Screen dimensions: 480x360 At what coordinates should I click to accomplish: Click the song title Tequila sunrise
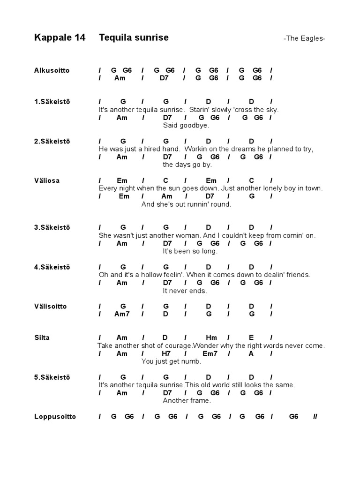point(134,37)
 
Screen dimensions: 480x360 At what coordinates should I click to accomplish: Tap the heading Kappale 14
point(60,37)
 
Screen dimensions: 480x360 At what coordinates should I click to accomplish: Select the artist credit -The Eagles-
point(304,38)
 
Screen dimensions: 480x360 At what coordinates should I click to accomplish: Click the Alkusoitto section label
point(52,70)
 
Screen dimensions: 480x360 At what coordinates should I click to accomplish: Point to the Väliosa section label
point(47,180)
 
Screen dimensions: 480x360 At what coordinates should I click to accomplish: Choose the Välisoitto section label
point(50,306)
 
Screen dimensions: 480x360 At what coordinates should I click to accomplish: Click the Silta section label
point(42,337)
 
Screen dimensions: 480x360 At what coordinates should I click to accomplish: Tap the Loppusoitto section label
point(55,416)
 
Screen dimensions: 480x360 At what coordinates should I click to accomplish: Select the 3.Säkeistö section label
point(52,227)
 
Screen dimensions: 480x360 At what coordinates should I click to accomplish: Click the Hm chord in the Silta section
point(209,337)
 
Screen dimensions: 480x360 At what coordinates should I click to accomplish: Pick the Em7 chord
point(210,353)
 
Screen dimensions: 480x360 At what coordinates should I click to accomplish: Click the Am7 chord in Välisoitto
point(122,314)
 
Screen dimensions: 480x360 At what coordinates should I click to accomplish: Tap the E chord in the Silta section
point(251,337)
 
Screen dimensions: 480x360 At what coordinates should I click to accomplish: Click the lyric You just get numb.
point(171,361)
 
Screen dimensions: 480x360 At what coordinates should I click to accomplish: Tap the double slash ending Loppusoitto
point(315,416)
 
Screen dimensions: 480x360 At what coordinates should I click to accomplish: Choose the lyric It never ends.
point(185,291)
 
